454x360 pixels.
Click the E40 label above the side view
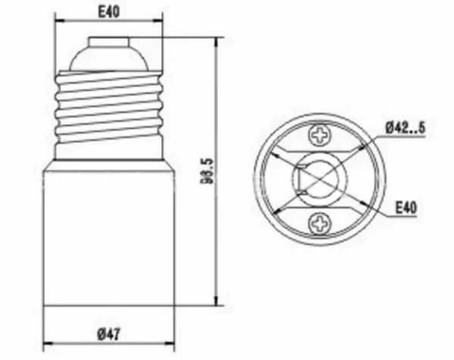(x=109, y=11)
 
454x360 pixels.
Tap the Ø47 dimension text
(x=108, y=334)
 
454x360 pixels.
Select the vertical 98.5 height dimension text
(x=207, y=171)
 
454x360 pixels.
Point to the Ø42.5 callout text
(x=406, y=128)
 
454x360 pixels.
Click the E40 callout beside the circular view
(x=406, y=207)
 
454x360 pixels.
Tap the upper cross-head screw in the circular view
(x=319, y=135)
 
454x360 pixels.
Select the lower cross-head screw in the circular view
(x=319, y=224)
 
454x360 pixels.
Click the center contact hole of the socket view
(x=322, y=179)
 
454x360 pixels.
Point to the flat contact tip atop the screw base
(x=108, y=42)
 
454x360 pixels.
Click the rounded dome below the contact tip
(x=108, y=58)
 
